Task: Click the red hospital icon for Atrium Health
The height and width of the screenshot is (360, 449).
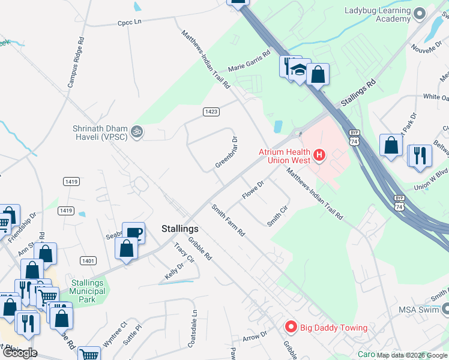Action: point(319,156)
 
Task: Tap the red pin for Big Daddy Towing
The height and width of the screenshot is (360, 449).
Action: point(291,327)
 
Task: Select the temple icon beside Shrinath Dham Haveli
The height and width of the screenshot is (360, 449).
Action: point(137,131)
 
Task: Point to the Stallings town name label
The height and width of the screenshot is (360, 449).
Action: point(180,229)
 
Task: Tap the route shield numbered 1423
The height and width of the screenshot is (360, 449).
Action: point(211,112)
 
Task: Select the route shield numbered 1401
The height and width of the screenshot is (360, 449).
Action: point(88,260)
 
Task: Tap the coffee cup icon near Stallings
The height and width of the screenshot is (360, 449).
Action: point(133,232)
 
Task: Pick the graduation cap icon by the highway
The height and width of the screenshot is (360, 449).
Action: point(298,70)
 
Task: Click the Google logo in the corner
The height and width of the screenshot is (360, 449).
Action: point(19,353)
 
